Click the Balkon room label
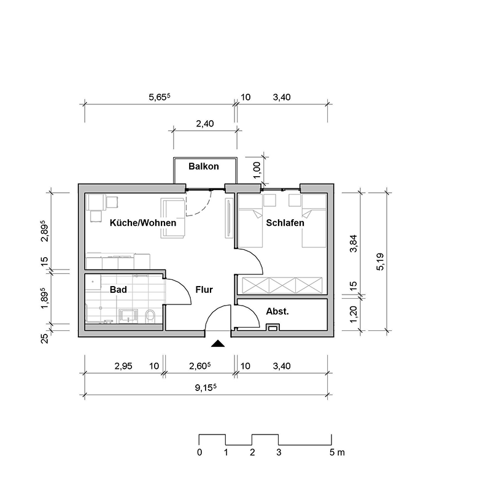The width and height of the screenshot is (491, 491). [204, 166]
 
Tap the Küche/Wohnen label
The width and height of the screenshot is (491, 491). [142, 223]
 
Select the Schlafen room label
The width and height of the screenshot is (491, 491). [285, 223]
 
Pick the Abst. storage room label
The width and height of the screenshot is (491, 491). [277, 312]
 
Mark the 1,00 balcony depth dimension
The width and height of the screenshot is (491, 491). [257, 166]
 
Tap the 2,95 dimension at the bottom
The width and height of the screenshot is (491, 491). [123, 366]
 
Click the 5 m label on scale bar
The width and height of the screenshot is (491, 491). [337, 453]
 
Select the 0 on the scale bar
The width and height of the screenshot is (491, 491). [199, 453]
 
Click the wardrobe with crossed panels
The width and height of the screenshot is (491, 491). [282, 285]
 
